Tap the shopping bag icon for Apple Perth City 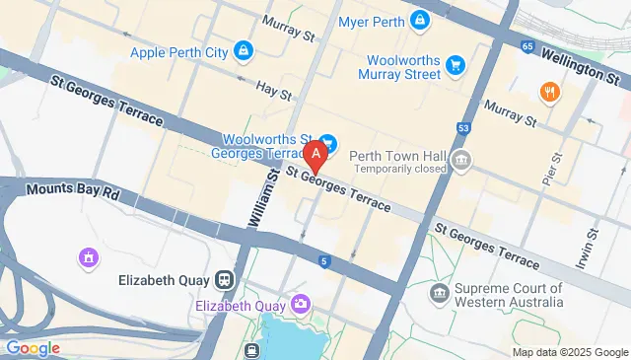tap(242, 50)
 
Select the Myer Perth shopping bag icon tap(421, 21)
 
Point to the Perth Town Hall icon tap(460, 160)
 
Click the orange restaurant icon tap(548, 93)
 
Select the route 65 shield tap(529, 45)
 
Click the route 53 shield tap(464, 127)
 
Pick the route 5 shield tap(323, 260)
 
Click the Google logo tap(33, 347)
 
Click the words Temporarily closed tap(398, 170)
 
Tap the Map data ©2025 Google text tap(570, 352)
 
